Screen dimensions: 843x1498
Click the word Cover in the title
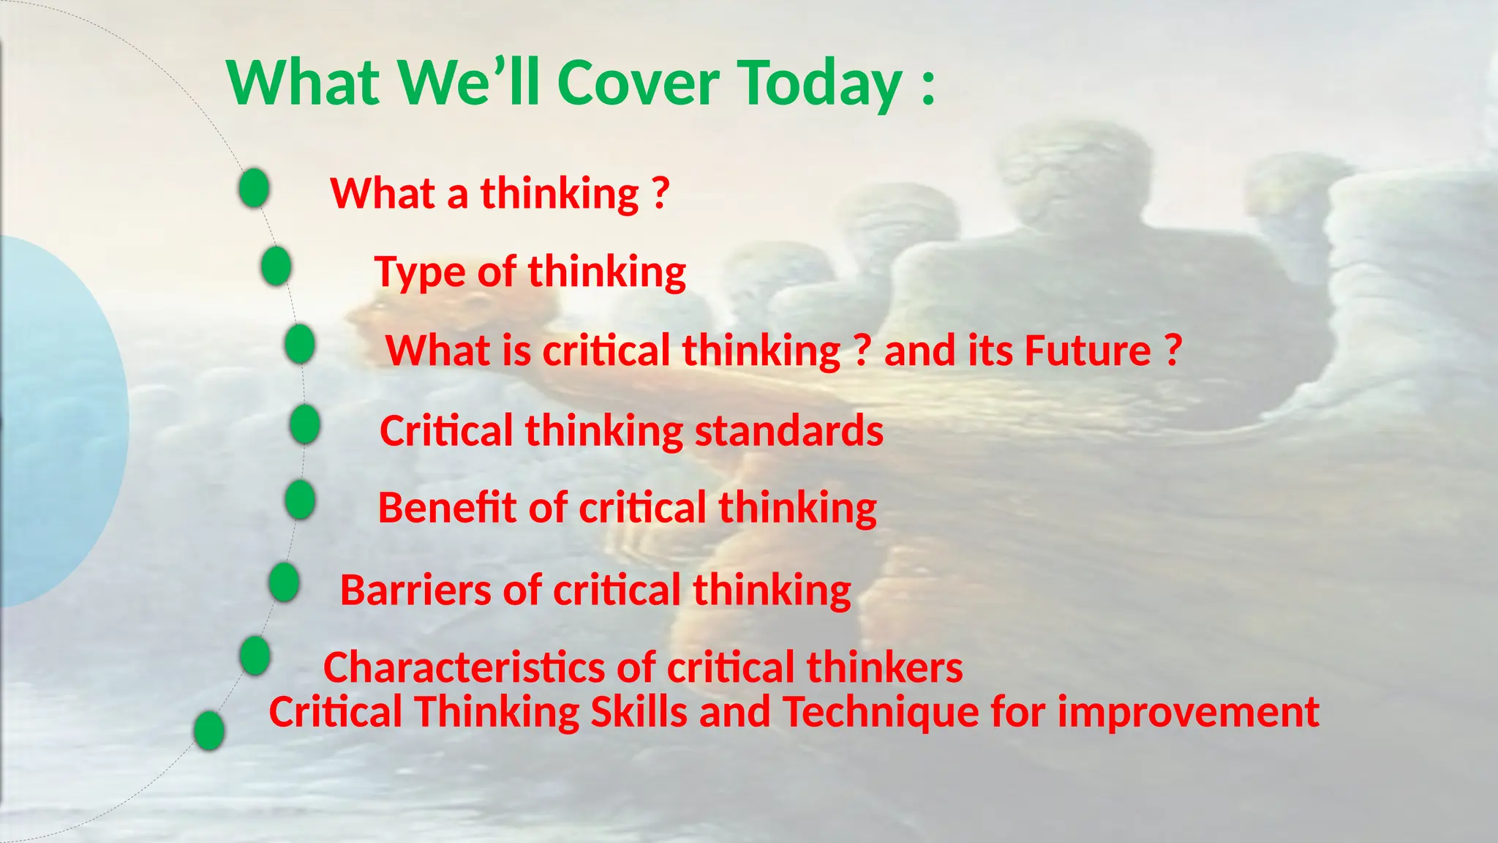point(638,83)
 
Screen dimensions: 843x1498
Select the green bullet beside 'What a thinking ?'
point(254,187)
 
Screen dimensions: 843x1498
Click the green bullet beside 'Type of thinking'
point(276,266)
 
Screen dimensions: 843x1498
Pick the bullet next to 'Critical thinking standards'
point(305,424)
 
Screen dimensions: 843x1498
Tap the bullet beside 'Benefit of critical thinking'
point(300,501)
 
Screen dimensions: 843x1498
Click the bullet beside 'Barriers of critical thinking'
point(284,582)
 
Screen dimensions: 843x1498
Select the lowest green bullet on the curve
point(209,730)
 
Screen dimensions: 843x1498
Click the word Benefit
point(447,508)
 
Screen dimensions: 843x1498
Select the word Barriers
point(415,591)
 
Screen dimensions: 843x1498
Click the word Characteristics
point(464,668)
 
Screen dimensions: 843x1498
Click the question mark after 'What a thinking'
point(660,192)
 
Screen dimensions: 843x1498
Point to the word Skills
point(639,712)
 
